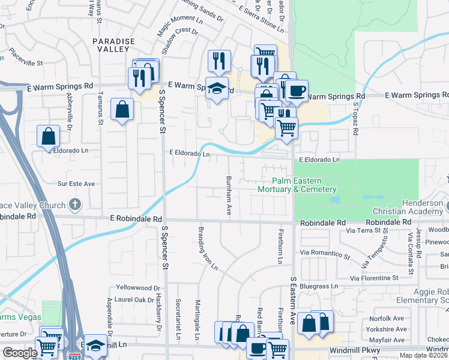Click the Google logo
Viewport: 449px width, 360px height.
coord(19,352)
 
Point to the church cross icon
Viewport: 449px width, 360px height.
coord(74,205)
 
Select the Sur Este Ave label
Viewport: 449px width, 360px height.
coord(76,184)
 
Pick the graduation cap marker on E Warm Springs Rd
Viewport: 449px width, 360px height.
coord(217,89)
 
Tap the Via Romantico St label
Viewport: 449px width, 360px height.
coord(325,254)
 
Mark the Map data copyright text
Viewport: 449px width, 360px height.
coord(424,355)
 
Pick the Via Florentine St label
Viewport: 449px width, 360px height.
coord(374,278)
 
